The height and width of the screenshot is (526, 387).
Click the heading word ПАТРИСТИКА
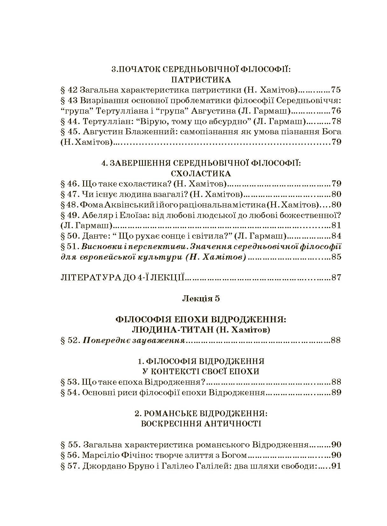(x=201, y=80)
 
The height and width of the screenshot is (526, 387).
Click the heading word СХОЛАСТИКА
(x=201, y=173)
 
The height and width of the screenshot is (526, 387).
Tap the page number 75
(x=336, y=90)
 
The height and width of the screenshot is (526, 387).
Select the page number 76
(x=336, y=111)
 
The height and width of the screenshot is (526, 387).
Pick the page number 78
(x=336, y=121)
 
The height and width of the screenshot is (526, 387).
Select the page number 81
(x=336, y=225)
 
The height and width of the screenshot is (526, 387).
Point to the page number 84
(x=336, y=236)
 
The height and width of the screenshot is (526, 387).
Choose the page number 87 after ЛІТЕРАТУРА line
(x=336, y=277)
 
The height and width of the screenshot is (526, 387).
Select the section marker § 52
(x=69, y=340)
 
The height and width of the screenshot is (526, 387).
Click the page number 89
(x=336, y=392)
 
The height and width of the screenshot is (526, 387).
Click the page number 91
(x=336, y=466)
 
